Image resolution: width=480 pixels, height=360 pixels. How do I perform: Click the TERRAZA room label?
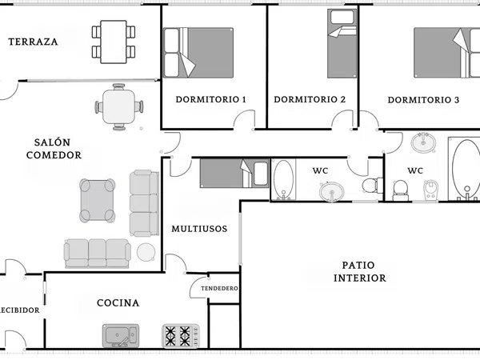(x=33, y=42)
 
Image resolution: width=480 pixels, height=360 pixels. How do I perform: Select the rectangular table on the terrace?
(x=114, y=42)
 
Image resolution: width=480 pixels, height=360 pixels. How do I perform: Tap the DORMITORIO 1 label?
(x=210, y=99)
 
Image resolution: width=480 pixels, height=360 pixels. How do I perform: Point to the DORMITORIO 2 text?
(x=310, y=99)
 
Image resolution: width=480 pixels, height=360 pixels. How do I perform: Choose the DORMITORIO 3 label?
(x=423, y=100)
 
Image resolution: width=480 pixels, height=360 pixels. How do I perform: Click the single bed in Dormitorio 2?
(x=342, y=43)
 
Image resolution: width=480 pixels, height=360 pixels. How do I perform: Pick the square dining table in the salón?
(x=118, y=106)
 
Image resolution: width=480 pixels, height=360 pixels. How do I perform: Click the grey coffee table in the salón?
(x=98, y=200)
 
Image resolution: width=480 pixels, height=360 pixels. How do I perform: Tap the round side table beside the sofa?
(x=146, y=252)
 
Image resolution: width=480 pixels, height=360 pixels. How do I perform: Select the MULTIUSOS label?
(x=199, y=229)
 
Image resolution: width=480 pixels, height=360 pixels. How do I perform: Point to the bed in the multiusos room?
(x=234, y=173)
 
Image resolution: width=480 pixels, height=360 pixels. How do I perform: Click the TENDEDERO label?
(x=219, y=288)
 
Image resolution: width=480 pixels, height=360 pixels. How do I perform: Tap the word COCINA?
(x=118, y=303)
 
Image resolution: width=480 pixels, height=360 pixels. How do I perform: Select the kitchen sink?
(x=121, y=336)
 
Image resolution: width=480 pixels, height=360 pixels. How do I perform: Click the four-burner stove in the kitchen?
(x=181, y=336)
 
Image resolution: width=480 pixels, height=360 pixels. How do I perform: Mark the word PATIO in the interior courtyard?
(x=358, y=265)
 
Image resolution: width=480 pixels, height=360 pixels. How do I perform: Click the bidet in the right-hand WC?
(x=430, y=190)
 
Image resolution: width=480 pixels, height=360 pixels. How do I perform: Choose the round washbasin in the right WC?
(x=424, y=142)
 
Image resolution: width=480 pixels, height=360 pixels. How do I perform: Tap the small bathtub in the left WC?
(x=283, y=180)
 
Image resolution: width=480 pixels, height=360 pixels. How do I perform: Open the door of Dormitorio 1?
(x=244, y=120)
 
